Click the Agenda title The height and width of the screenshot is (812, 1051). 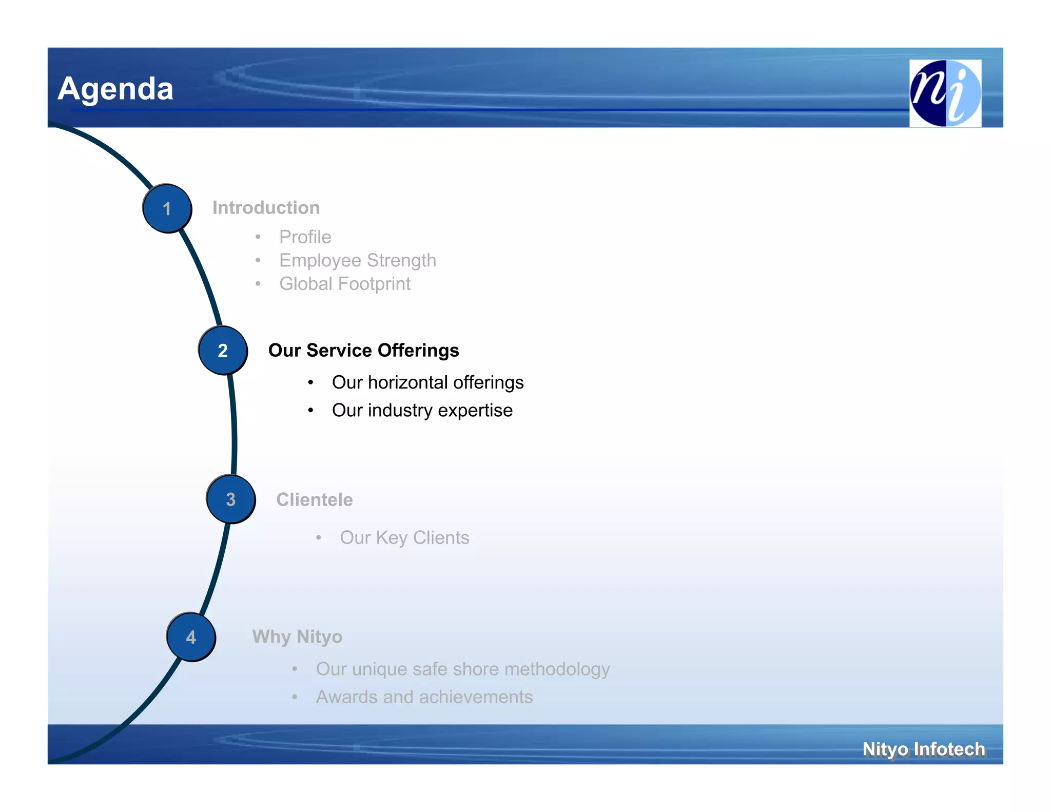[x=115, y=88]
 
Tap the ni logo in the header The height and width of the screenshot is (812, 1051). [x=945, y=93]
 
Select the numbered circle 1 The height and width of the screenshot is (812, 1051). [x=167, y=208]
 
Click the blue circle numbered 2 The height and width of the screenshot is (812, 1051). [x=223, y=351]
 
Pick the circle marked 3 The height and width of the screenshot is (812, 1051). [x=231, y=499]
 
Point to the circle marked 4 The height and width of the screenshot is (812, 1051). [x=191, y=637]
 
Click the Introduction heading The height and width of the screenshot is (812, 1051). [x=266, y=208]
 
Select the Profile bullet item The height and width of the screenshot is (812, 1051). [x=305, y=237]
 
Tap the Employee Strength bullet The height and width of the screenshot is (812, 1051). [x=357, y=260]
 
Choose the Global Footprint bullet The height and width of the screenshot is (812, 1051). [x=344, y=284]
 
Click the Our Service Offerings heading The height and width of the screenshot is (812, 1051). [x=363, y=351]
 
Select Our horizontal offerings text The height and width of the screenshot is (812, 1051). [x=427, y=382]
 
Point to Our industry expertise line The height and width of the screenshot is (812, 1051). [x=422, y=410]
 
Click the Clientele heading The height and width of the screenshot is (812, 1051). [x=314, y=499]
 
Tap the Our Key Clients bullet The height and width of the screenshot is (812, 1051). [x=404, y=537]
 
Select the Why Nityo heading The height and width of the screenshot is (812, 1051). [x=297, y=637]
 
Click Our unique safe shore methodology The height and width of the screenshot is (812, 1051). [x=462, y=669]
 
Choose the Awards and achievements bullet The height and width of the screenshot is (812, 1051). [x=424, y=697]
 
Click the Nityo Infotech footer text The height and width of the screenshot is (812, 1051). [x=923, y=749]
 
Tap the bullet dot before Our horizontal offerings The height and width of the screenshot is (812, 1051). [x=310, y=383]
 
